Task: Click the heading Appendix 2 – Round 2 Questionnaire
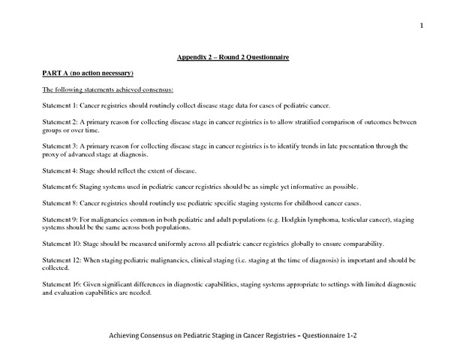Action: [x=233, y=57]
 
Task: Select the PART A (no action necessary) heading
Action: [x=87, y=73]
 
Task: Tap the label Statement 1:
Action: [x=59, y=105]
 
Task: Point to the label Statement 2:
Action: [x=59, y=121]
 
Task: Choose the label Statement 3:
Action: [x=59, y=145]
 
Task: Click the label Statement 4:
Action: [x=59, y=170]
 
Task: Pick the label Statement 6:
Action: [x=59, y=186]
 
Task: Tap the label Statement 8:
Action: [x=59, y=202]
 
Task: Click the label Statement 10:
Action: [x=61, y=243]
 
